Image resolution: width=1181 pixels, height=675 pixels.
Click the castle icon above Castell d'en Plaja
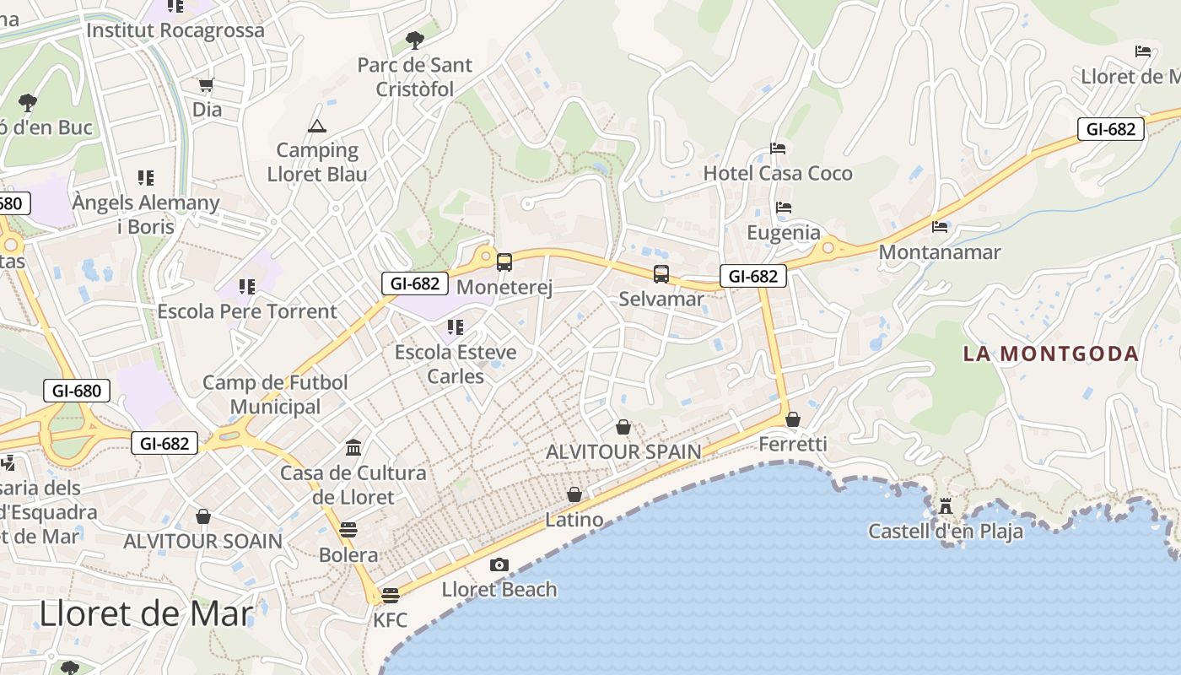point(946,506)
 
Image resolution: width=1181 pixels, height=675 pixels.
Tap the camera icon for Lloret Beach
point(499,564)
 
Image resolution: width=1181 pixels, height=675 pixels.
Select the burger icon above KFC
point(390,595)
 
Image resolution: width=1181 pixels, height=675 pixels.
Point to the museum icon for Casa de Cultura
point(353,447)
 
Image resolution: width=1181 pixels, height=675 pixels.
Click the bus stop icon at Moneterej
point(504,262)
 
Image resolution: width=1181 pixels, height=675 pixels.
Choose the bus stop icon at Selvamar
point(661,274)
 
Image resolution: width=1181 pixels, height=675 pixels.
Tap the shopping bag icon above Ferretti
point(793,419)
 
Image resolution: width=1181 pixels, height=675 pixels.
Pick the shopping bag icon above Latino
point(574,494)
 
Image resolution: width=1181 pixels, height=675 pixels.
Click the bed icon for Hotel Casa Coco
point(778,149)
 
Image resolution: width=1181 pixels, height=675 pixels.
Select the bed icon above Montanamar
point(940,227)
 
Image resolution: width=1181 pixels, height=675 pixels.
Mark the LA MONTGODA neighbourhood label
point(1051,354)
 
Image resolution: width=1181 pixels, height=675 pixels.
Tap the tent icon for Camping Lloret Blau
point(317,127)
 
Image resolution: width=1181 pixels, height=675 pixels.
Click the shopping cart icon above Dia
point(207,84)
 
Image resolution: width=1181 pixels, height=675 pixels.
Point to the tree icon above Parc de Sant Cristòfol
point(414,39)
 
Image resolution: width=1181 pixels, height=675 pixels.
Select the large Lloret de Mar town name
point(146,613)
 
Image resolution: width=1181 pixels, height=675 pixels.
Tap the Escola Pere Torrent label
point(247,311)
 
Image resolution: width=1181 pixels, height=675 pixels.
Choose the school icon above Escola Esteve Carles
point(456,327)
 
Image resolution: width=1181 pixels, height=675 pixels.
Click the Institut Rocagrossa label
point(175,30)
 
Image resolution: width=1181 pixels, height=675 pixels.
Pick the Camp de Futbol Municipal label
point(275,394)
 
